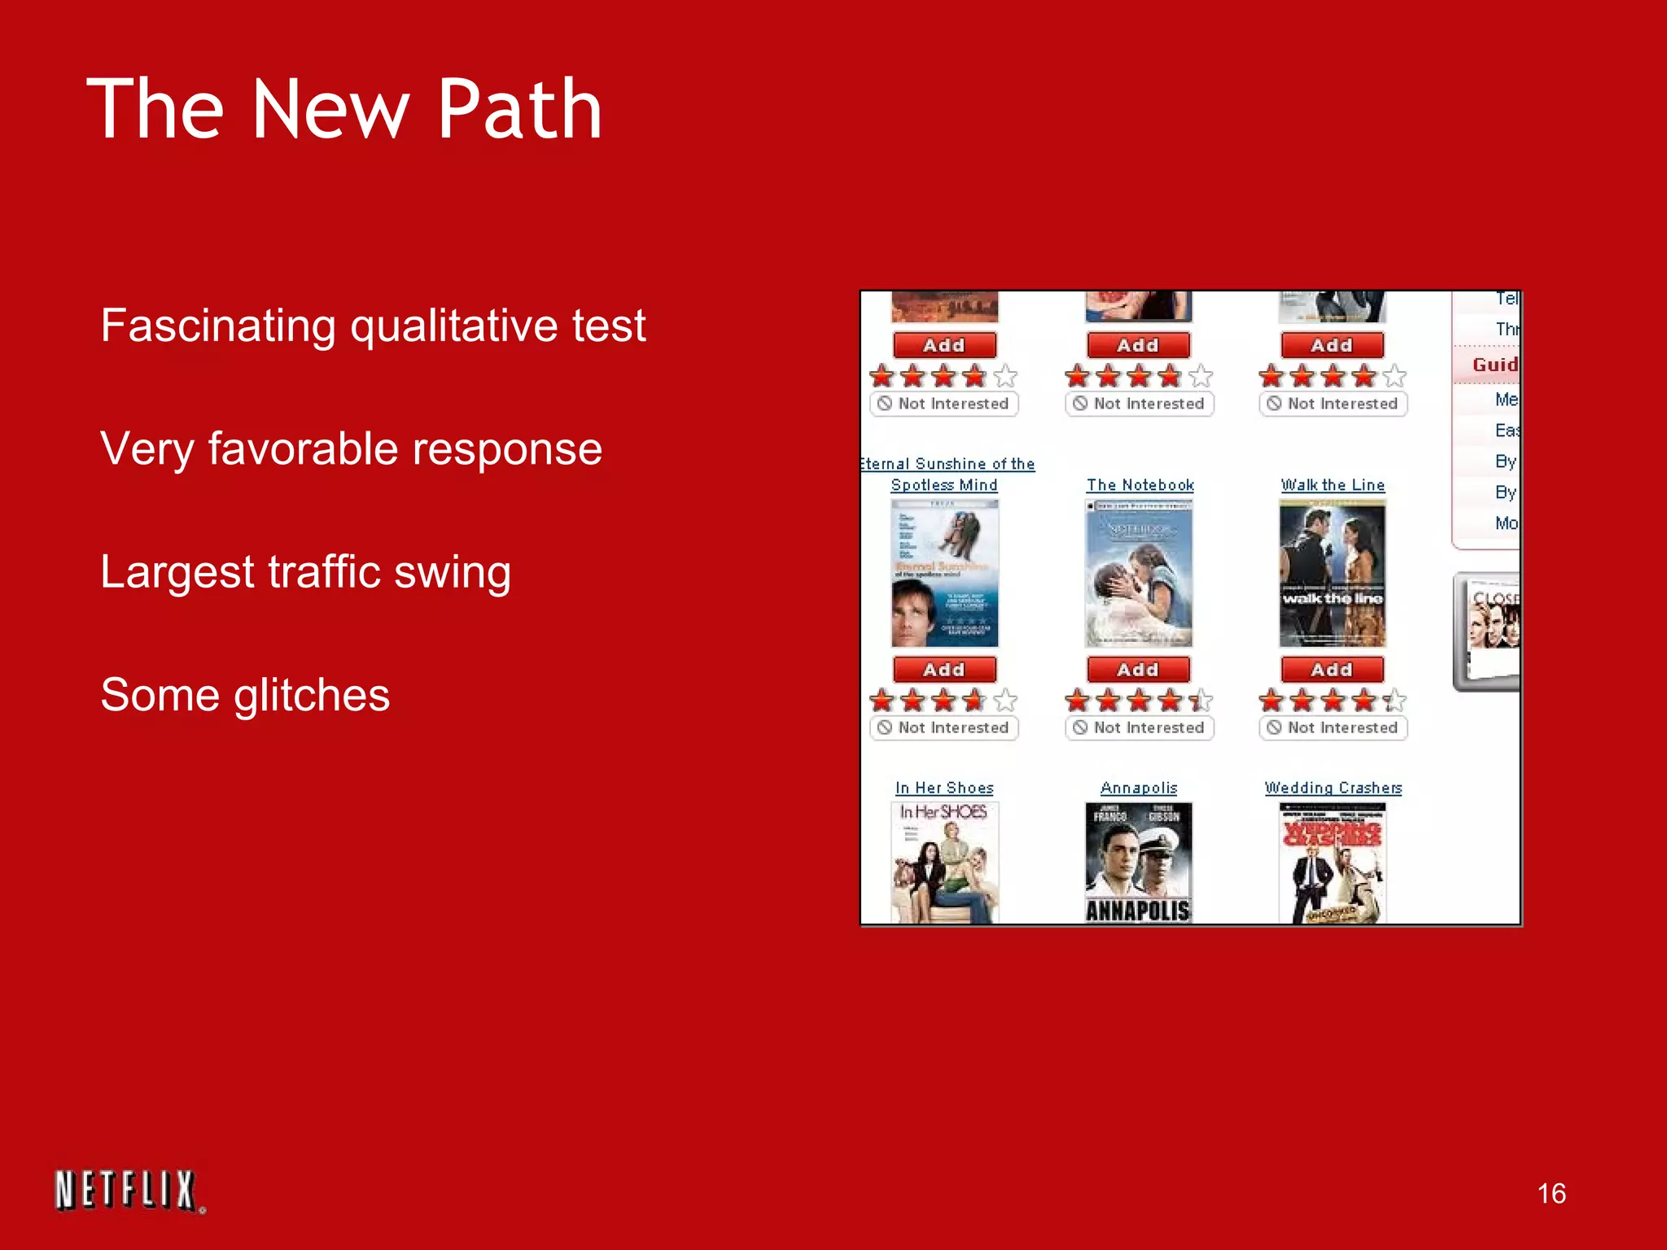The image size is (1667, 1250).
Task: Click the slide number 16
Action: pos(1551,1194)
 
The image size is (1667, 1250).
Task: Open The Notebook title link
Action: pos(1140,485)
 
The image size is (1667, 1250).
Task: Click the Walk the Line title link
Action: pos(1332,485)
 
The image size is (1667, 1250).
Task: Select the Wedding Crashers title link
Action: pos(1332,788)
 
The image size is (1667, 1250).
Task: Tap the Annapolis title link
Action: pos(1139,788)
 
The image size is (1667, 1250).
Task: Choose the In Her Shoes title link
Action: pos(944,788)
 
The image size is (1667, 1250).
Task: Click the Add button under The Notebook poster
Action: pos(1138,670)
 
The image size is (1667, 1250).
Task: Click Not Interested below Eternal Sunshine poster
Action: pos(944,728)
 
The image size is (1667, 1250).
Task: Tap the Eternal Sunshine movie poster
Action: pos(944,574)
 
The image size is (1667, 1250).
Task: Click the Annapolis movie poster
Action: pos(1138,863)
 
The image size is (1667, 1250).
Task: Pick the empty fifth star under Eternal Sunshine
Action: pos(1006,700)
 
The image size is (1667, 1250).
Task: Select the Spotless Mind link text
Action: pos(944,485)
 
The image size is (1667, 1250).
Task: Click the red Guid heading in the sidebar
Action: pos(1494,365)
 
